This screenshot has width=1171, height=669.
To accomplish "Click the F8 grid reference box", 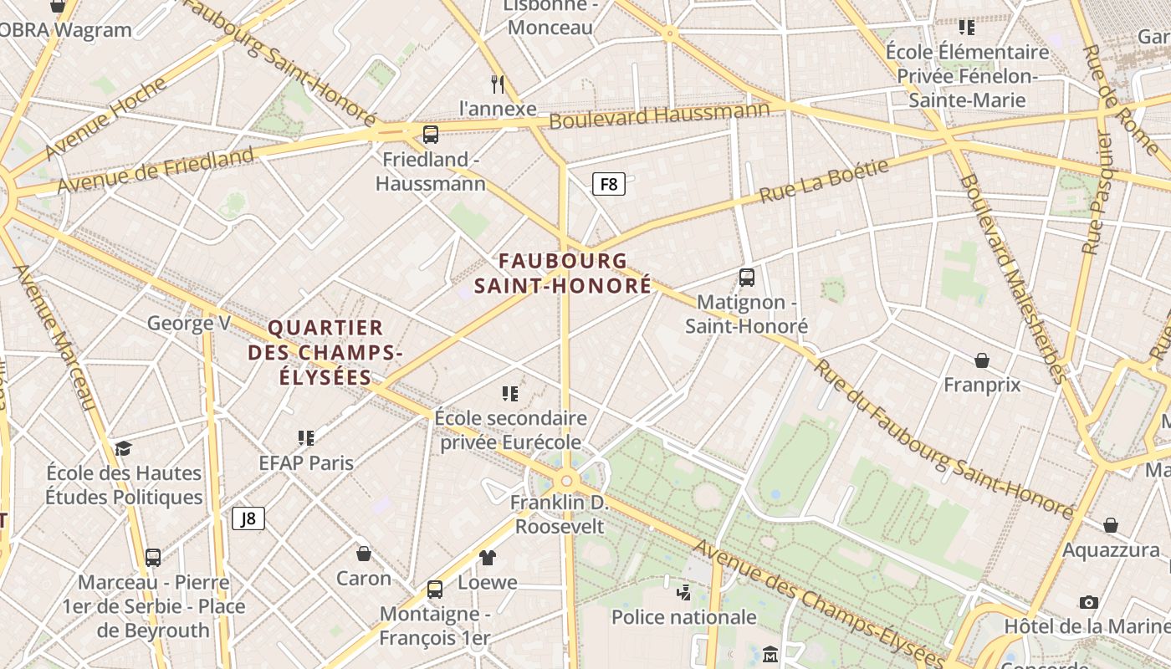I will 609,184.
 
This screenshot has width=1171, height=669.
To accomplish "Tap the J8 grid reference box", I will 248,518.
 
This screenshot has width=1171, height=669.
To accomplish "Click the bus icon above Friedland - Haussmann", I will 431,134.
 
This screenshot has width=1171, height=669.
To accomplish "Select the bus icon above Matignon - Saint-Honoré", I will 747,278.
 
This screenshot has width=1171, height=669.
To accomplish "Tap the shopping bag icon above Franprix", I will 982,360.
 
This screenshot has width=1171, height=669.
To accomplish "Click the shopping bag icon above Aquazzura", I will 1111,525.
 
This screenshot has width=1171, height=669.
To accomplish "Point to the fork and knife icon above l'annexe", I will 498,84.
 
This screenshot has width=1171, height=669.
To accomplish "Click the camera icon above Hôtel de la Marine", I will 1088,602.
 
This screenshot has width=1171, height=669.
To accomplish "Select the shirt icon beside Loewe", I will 488,558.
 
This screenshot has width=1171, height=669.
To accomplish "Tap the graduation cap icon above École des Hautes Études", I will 124,449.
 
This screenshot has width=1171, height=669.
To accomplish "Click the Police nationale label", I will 683,617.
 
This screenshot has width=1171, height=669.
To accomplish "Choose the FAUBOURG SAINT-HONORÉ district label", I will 562,273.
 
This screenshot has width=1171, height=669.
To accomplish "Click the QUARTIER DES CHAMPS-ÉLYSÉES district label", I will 325,352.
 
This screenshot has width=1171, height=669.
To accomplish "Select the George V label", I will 188,323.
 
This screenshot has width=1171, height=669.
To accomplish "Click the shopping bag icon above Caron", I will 364,554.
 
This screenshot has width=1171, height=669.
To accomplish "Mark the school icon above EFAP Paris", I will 306,438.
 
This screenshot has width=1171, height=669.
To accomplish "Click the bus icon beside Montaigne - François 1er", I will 435,590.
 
